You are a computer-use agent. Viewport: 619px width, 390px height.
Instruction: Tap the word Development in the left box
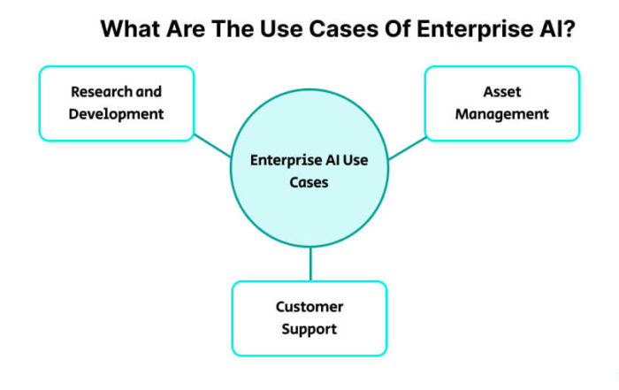tap(116, 114)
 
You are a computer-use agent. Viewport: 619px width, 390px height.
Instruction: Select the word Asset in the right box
tap(502, 92)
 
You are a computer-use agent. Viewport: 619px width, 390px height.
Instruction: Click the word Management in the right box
tap(502, 114)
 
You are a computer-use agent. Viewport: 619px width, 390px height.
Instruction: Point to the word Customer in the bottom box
tap(309, 307)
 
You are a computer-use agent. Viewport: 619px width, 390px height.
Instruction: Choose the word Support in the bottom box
tap(309, 329)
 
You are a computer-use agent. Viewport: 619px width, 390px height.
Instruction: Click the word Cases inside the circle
tap(309, 182)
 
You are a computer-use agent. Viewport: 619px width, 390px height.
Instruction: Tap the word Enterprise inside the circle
tap(287, 160)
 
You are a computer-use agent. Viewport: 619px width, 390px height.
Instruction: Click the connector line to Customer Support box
tap(310, 264)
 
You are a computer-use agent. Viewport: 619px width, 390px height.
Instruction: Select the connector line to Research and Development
tap(212, 146)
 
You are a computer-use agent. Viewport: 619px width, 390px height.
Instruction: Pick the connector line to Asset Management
tap(408, 148)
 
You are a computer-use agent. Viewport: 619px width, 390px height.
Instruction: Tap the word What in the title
tap(130, 29)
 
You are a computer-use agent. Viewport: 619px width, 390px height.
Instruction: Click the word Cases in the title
tap(343, 29)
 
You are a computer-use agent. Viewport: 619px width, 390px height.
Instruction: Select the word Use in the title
tap(281, 29)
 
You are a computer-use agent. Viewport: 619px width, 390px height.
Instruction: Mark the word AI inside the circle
tap(332, 160)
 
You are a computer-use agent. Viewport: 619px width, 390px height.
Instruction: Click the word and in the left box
tap(149, 92)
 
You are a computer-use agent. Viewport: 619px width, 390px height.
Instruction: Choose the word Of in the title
tap(398, 29)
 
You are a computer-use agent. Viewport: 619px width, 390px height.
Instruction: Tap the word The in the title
tap(233, 29)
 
